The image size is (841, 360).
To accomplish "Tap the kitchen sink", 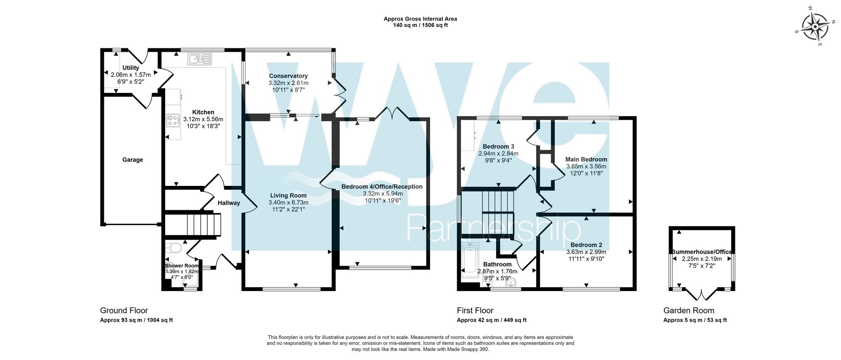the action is coord(200,59).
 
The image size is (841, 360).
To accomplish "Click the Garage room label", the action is coord(132,160).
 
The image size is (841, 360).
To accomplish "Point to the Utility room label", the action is coord(131,68).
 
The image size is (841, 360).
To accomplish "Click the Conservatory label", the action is coord(288,76).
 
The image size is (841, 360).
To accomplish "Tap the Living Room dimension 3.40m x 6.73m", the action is coord(288,202).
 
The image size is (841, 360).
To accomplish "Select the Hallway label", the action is coord(229,203).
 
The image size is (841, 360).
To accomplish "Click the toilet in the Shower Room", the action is coord(173,248).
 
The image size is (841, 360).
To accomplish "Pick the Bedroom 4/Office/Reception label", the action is coord(382,187).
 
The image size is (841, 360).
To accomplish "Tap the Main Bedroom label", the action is coord(586,159).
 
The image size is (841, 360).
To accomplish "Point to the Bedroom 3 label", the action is coord(498,147).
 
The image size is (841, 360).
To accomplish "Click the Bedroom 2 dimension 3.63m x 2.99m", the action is coord(586,252).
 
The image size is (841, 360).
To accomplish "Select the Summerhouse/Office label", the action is coord(701,252).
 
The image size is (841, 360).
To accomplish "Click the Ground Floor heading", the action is coord(124,311).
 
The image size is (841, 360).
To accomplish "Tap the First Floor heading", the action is coord(475,311).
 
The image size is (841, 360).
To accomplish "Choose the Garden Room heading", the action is coord(689,311).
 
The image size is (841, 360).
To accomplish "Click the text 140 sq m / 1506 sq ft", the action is coord(420,25).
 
